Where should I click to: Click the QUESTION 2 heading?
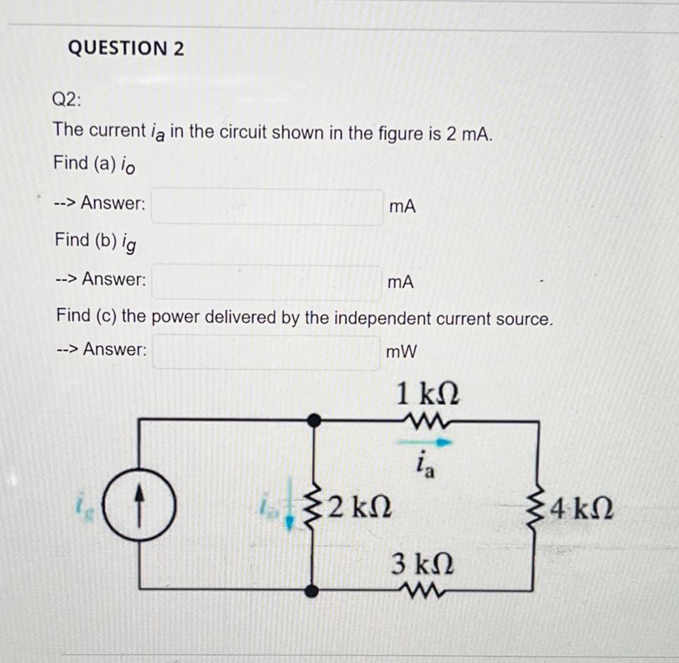pyautogui.click(x=126, y=48)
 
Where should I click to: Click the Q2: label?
pyautogui.click(x=67, y=99)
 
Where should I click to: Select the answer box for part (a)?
pyautogui.click(x=267, y=206)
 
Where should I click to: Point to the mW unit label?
pyautogui.click(x=402, y=351)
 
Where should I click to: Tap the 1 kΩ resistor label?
pyautogui.click(x=428, y=394)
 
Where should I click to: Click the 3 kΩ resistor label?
pyautogui.click(x=423, y=564)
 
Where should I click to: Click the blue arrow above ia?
pyautogui.click(x=431, y=443)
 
